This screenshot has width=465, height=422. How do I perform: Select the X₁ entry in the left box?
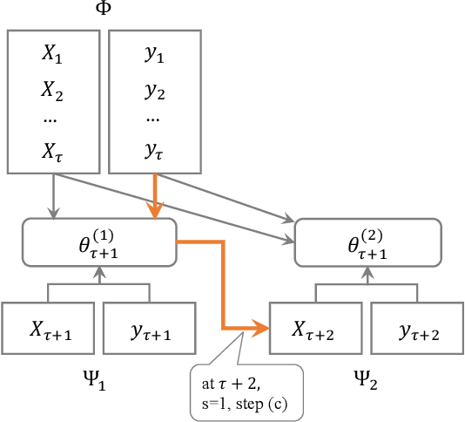[x=53, y=54]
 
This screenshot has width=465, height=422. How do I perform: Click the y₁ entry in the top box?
[x=154, y=54]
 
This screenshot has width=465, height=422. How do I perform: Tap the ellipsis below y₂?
[x=153, y=119]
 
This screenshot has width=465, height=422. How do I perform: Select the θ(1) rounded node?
[x=99, y=241]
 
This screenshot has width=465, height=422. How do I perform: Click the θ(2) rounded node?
[x=374, y=241]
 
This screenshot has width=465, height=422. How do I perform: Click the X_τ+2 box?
[x=317, y=328]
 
